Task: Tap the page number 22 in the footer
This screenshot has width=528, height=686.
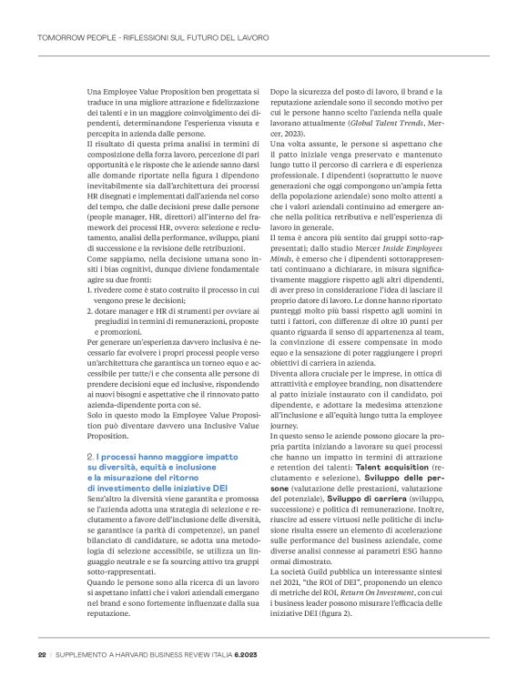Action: pos(42,655)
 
